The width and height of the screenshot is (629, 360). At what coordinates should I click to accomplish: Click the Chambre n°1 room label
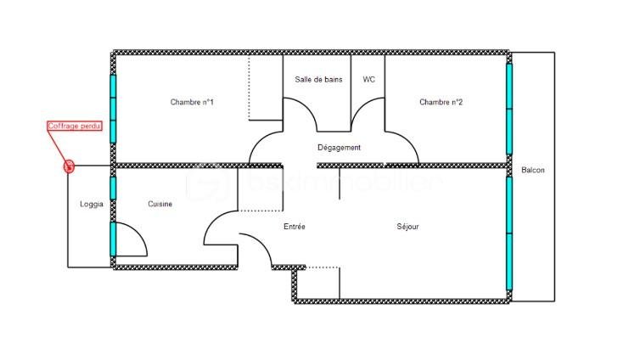192,103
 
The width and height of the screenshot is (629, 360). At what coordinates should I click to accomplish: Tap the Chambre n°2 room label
441,103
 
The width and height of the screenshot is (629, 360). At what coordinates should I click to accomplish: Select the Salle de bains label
318,80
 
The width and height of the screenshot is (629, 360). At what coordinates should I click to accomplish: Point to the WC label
368,80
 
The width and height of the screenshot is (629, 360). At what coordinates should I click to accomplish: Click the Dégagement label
339,148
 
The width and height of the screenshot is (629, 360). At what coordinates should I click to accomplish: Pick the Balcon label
533,171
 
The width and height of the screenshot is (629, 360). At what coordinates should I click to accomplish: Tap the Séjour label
407,227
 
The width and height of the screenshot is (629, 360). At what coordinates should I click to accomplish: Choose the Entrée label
294,227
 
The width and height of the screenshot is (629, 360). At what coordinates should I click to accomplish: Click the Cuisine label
160,204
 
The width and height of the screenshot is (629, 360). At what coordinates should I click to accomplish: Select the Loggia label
91,204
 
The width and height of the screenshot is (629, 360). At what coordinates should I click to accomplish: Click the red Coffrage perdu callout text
73,127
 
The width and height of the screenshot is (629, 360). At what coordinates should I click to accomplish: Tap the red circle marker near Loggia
70,166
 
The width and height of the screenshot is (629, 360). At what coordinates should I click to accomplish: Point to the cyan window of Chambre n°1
112,109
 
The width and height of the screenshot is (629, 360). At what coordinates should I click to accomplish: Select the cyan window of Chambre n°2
509,109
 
